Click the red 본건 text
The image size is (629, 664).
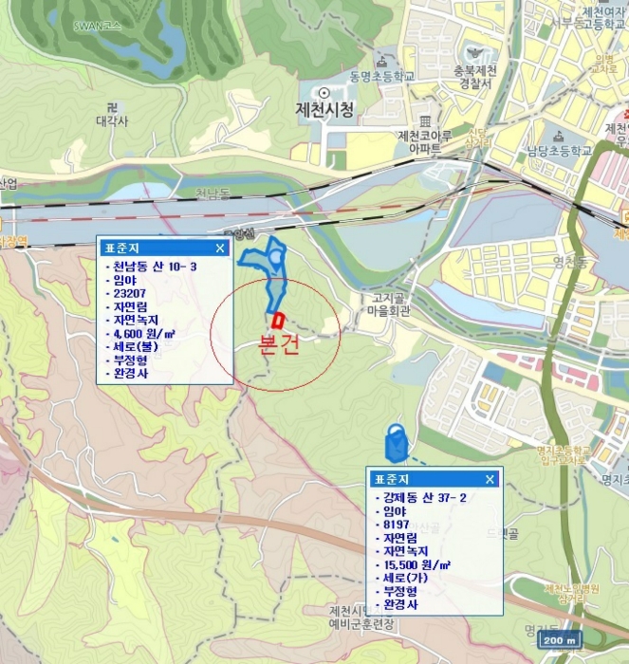point(278,344)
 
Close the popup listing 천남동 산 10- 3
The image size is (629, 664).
point(220,249)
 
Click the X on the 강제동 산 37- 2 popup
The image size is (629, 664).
point(490,479)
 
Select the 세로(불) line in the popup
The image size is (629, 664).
point(133,346)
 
